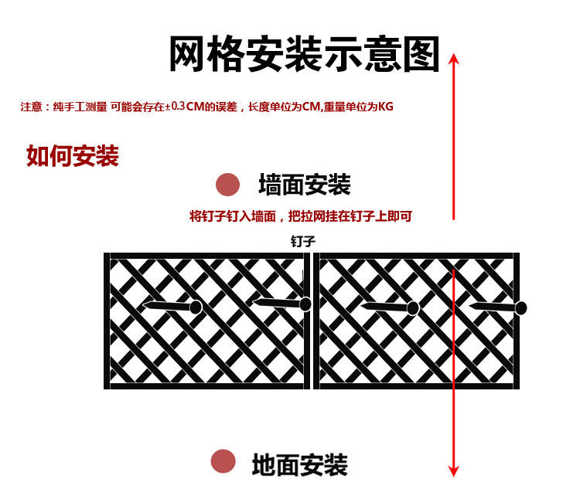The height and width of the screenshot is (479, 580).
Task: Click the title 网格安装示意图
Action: tap(303, 54)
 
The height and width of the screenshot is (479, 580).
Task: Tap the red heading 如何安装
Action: tap(72, 156)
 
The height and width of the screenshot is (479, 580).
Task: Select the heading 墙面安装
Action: tap(304, 185)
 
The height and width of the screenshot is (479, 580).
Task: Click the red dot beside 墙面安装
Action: tap(227, 185)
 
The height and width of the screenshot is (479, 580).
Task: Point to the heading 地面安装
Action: tap(299, 465)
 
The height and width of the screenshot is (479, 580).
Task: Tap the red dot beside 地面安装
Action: tap(223, 461)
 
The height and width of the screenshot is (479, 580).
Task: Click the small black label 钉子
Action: tap(302, 241)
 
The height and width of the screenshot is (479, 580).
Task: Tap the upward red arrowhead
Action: tap(454, 59)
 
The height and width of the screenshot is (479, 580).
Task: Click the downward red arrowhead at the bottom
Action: tap(454, 471)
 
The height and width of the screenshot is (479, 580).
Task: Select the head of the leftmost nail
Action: tap(196, 307)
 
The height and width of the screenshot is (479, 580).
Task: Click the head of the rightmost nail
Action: tap(521, 308)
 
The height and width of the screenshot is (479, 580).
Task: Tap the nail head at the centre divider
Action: tap(305, 304)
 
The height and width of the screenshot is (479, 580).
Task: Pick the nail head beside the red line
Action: tap(413, 308)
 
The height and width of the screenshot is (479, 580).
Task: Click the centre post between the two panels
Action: tap(310, 321)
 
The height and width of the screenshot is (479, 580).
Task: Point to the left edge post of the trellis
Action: tap(107, 321)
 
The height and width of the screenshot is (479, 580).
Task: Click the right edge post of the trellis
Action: tap(516, 321)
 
